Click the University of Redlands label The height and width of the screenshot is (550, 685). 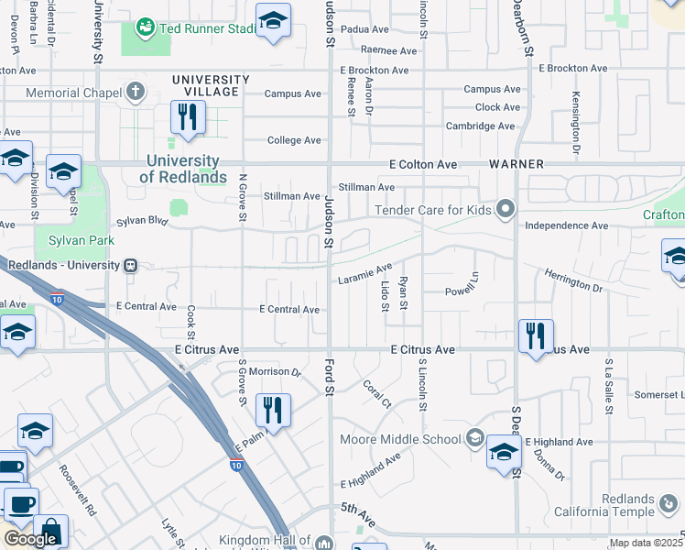pos(186,169)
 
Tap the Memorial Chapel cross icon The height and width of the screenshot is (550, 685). pos(136,92)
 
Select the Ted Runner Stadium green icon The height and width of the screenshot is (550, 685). pos(145,27)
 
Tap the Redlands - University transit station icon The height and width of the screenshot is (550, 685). pos(131,265)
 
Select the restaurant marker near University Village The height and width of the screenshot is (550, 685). pos(188,117)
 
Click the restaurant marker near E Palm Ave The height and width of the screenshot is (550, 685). pos(272,411)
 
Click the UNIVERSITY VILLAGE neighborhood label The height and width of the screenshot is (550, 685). pos(211,85)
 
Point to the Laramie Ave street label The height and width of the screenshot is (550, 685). pos(364,273)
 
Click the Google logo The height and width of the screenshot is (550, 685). pos(30,539)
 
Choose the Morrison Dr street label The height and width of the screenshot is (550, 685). pos(276,372)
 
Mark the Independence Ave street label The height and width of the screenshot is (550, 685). pos(567,225)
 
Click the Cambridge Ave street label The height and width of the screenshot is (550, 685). pos(480,126)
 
